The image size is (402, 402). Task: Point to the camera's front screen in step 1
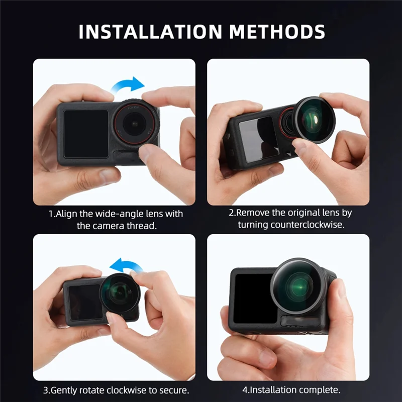click(86, 133)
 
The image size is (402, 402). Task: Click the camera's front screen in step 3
click(82, 302)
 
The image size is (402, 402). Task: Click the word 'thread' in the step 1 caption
click(142, 226)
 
